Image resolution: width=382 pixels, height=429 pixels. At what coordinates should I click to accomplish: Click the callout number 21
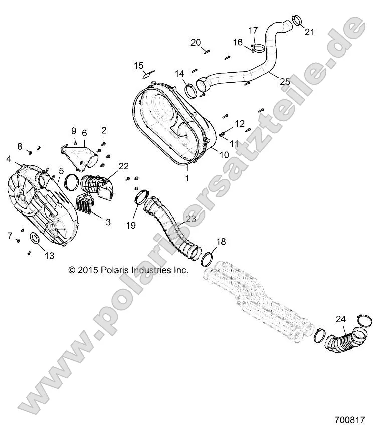[309, 32]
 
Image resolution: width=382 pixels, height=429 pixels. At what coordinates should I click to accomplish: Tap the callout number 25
[285, 81]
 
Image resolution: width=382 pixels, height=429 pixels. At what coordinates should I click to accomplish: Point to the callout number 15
[138, 65]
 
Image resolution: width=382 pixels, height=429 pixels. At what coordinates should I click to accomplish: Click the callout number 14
[179, 74]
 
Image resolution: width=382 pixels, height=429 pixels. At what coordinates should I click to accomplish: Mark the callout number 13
[49, 256]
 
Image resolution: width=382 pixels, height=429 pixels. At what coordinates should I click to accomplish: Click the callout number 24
[340, 319]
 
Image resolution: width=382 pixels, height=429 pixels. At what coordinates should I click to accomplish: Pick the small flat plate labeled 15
[147, 74]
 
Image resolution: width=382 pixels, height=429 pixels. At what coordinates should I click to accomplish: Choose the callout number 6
[84, 133]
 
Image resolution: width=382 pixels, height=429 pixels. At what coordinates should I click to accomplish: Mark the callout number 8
[20, 146]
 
